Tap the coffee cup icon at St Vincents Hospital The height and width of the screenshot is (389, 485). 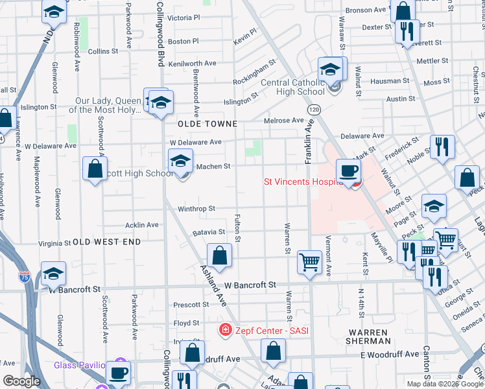pyautogui.click(x=348, y=171)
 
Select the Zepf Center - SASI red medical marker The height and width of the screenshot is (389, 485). pyautogui.click(x=225, y=331)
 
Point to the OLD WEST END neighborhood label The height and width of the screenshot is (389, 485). pyautogui.click(x=106, y=241)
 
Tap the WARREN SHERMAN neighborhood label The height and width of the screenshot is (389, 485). pyautogui.click(x=368, y=335)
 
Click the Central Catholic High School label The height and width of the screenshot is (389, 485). pyautogui.click(x=292, y=87)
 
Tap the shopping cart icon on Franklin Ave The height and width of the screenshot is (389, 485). pyautogui.click(x=310, y=262)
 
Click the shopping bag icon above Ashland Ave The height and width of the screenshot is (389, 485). pyautogui.click(x=219, y=255)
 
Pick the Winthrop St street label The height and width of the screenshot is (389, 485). pyautogui.click(x=196, y=209)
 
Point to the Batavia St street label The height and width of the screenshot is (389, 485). pyautogui.click(x=208, y=232)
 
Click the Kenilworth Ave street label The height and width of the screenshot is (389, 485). pyautogui.click(x=192, y=64)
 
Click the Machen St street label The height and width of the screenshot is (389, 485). pyautogui.click(x=213, y=167)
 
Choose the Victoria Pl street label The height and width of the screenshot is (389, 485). pyautogui.click(x=184, y=18)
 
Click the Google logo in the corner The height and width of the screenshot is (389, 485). pyautogui.click(x=21, y=381)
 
